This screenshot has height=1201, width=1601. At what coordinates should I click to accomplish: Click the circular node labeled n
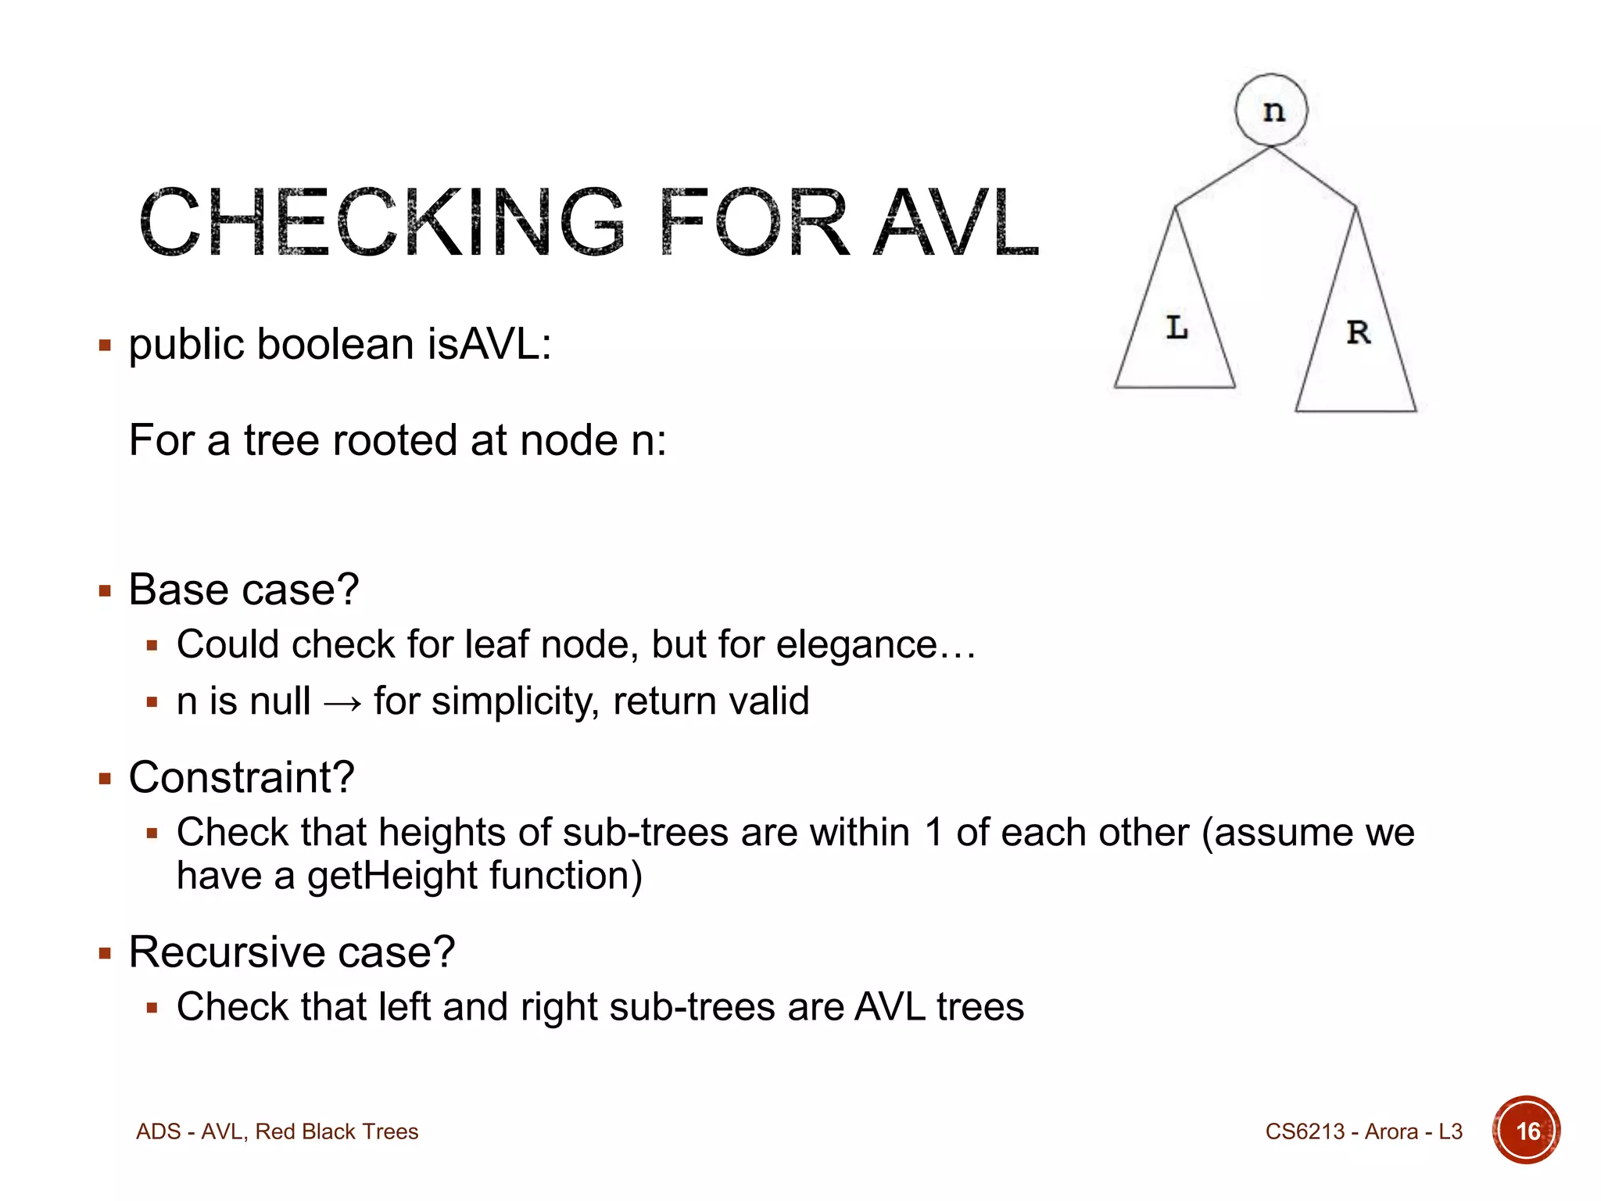[1271, 109]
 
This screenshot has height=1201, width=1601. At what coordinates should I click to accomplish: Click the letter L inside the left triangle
[1177, 327]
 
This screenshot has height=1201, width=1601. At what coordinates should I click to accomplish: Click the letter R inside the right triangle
[1359, 332]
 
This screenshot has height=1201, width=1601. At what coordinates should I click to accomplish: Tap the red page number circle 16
[1526, 1130]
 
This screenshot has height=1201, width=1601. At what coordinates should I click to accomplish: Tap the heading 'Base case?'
[243, 589]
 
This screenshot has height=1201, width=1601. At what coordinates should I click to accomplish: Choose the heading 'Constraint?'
[241, 777]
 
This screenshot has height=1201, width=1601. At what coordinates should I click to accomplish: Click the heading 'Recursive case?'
[291, 952]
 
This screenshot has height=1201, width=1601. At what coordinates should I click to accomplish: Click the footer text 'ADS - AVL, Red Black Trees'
[277, 1131]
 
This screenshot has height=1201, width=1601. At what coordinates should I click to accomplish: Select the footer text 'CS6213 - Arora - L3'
[1363, 1131]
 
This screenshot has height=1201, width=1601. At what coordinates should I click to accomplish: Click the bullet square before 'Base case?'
[106, 591]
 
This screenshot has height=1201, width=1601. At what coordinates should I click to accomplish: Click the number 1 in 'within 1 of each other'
[933, 832]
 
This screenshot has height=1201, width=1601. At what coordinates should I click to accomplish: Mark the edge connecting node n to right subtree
[1313, 176]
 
